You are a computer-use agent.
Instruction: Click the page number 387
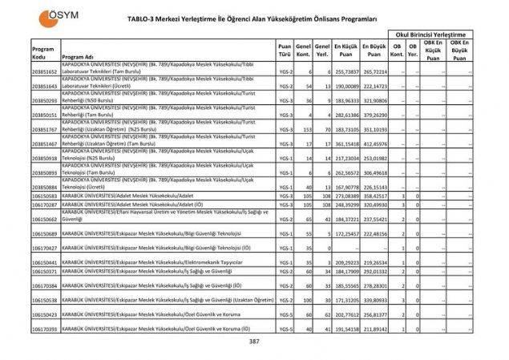pyautogui.click(x=254, y=342)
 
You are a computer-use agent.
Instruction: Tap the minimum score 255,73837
pyautogui.click(x=345, y=71)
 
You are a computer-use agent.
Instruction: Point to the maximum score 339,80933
pyautogui.click(x=374, y=300)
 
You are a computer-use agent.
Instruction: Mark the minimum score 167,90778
pyautogui.click(x=345, y=187)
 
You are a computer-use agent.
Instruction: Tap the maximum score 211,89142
pyautogui.click(x=374, y=329)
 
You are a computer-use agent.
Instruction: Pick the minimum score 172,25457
pyautogui.click(x=345, y=233)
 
